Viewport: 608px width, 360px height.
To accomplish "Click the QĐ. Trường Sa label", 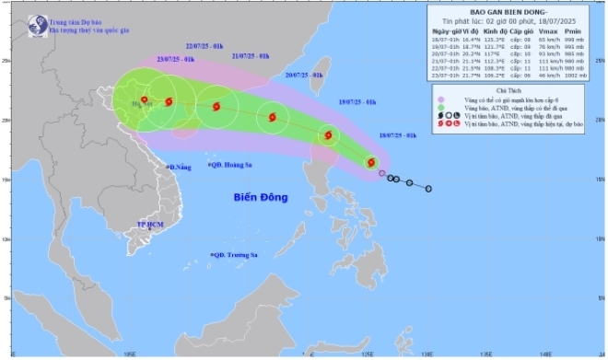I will pyautogui.click(x=236, y=253).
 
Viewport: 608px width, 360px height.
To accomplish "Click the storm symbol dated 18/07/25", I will pyautogui.click(x=371, y=162).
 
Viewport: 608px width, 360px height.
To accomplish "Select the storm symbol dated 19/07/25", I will pyautogui.click(x=327, y=135).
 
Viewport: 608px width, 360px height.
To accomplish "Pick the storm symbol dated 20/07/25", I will pyautogui.click(x=272, y=117).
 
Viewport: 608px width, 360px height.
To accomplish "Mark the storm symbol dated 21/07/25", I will pyautogui.click(x=216, y=107).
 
